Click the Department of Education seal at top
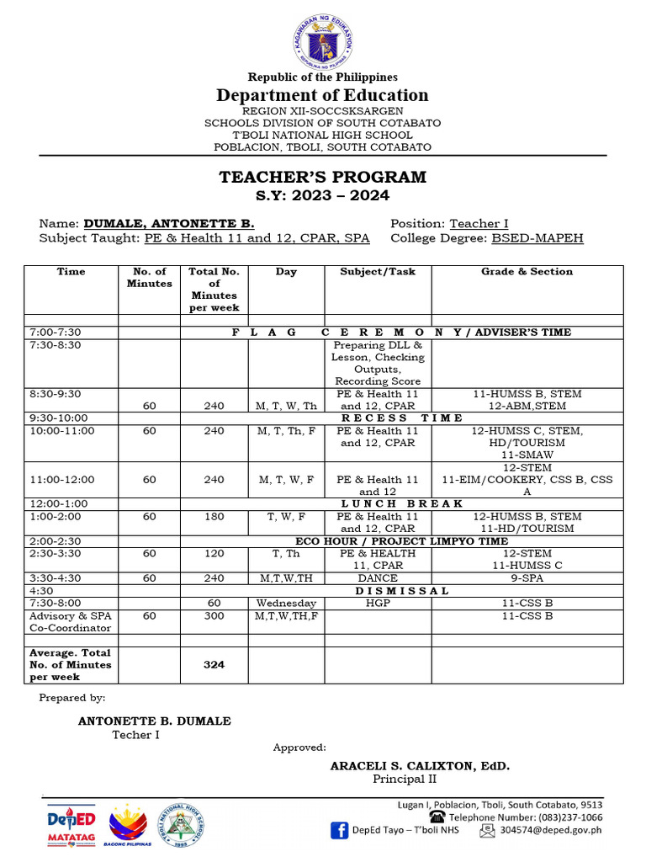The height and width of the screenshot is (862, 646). pyautogui.click(x=323, y=42)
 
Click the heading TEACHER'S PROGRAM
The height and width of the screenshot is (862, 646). pyautogui.click(x=323, y=178)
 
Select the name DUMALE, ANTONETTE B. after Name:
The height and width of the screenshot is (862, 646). pyautogui.click(x=168, y=224)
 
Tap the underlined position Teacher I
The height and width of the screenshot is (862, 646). pyautogui.click(x=479, y=224)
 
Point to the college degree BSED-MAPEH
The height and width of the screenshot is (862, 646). pyautogui.click(x=537, y=238)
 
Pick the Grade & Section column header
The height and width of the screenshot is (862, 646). pyautogui.click(x=527, y=272)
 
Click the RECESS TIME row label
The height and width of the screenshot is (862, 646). pyautogui.click(x=401, y=418)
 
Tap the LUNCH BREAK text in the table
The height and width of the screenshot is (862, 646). pyautogui.click(x=401, y=504)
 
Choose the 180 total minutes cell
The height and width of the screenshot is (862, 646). pyautogui.click(x=214, y=517)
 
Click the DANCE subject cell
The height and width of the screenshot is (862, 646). pyautogui.click(x=378, y=578)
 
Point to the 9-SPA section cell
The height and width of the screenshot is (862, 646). pyautogui.click(x=527, y=578)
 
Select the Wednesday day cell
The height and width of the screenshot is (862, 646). pyautogui.click(x=286, y=604)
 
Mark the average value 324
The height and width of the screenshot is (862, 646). pyautogui.click(x=214, y=665)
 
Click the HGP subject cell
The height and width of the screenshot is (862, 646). pyautogui.click(x=378, y=604)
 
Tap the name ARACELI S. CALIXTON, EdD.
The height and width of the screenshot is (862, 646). pyautogui.click(x=420, y=767)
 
